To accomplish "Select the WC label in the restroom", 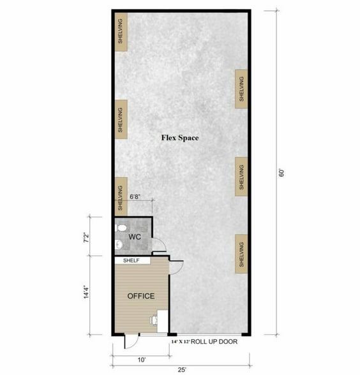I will pos(134,237).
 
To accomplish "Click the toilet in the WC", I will pos(121,227).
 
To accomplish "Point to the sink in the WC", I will pos(119,244).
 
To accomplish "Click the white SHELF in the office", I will pos(132,260).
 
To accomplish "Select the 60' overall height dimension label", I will pos(280,172).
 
